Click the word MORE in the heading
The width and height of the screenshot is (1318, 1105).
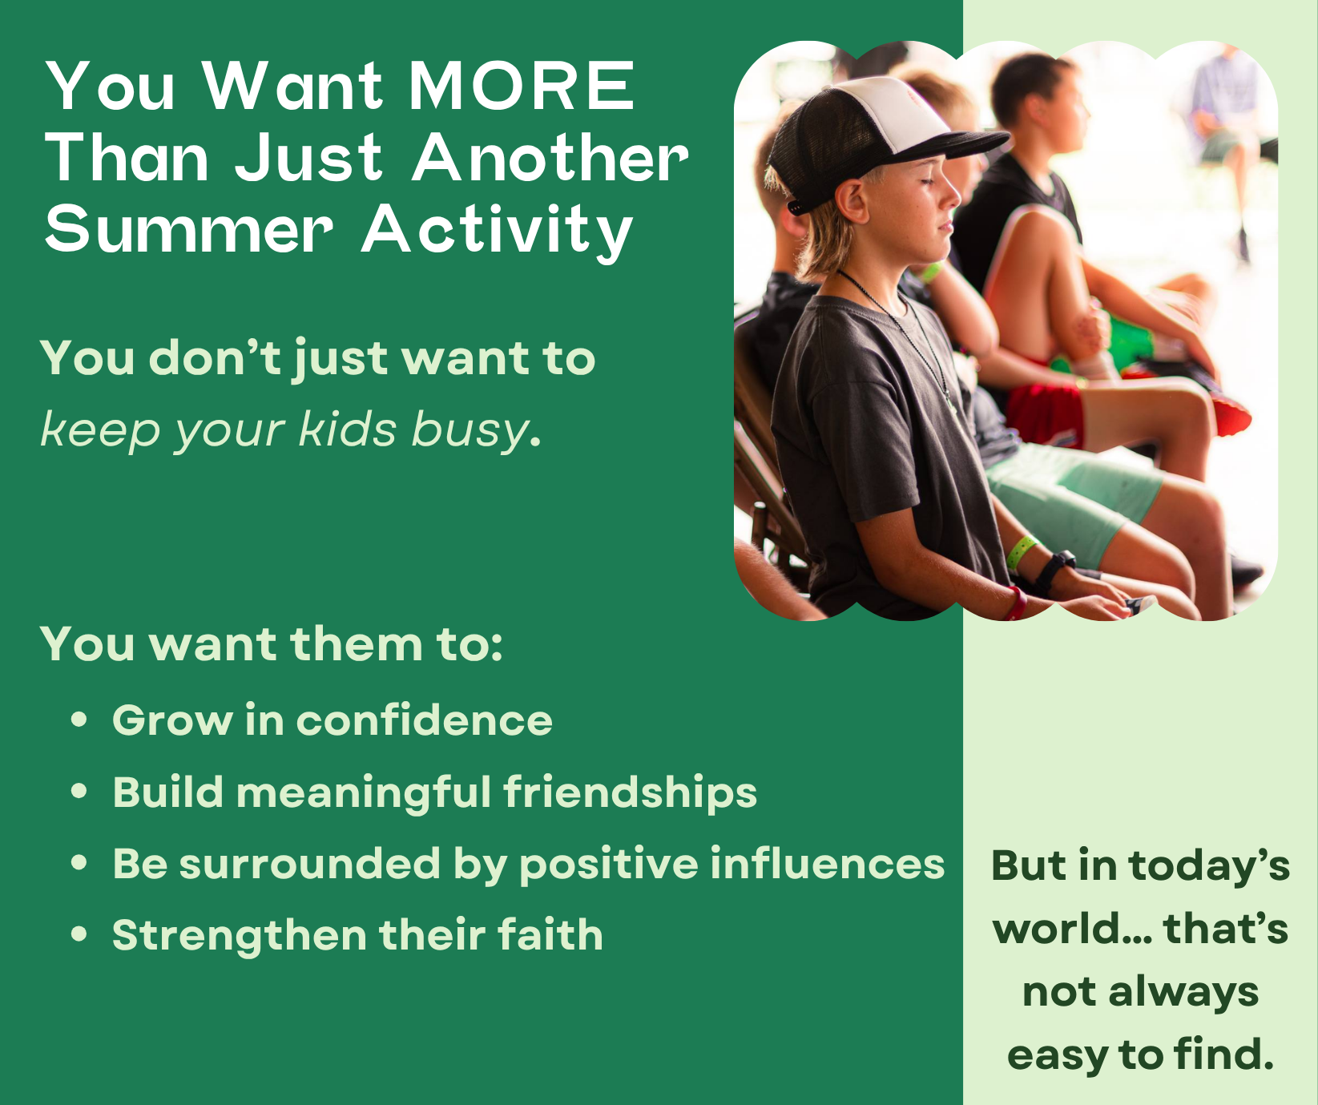click(522, 86)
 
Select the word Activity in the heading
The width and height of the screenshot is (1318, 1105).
click(497, 232)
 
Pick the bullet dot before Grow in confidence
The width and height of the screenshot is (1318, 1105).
click(79, 719)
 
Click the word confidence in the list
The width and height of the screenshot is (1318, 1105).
click(425, 720)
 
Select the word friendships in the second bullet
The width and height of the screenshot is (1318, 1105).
click(630, 792)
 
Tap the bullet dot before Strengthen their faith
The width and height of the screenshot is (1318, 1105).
click(79, 934)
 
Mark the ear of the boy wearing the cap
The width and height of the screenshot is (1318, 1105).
click(854, 200)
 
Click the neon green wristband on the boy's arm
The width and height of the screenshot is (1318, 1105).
click(1021, 551)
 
